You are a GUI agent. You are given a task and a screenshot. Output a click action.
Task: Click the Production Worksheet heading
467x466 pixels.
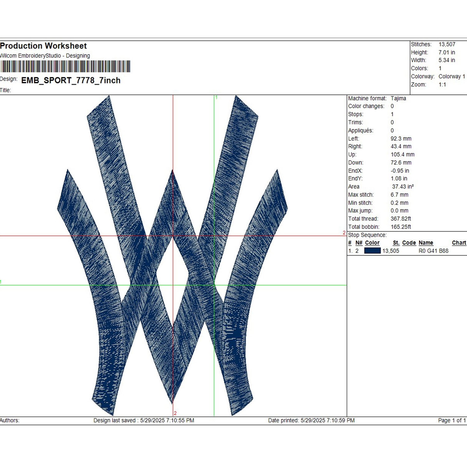pyautogui.click(x=43, y=46)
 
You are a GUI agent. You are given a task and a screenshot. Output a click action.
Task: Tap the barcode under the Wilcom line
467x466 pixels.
pyautogui.click(x=65, y=66)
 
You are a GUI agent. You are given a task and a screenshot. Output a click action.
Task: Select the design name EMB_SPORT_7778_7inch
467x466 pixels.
pyautogui.click(x=71, y=80)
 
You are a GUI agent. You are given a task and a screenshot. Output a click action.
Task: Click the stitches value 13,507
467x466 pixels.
pyautogui.click(x=447, y=44)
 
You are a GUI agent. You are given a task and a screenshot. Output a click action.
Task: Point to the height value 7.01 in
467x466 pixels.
pyautogui.click(x=447, y=52)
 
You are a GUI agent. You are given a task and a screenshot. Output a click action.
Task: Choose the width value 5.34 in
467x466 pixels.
pyautogui.click(x=447, y=60)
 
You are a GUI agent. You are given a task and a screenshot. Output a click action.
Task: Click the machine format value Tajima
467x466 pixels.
pyautogui.click(x=398, y=98)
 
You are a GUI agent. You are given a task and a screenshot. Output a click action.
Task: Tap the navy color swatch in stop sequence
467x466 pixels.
pyautogui.click(x=372, y=251)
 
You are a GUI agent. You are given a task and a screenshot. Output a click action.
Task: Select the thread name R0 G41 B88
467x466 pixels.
pyautogui.click(x=433, y=251)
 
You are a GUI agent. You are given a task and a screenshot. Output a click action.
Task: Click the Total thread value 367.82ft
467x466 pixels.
pyautogui.click(x=401, y=219)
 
